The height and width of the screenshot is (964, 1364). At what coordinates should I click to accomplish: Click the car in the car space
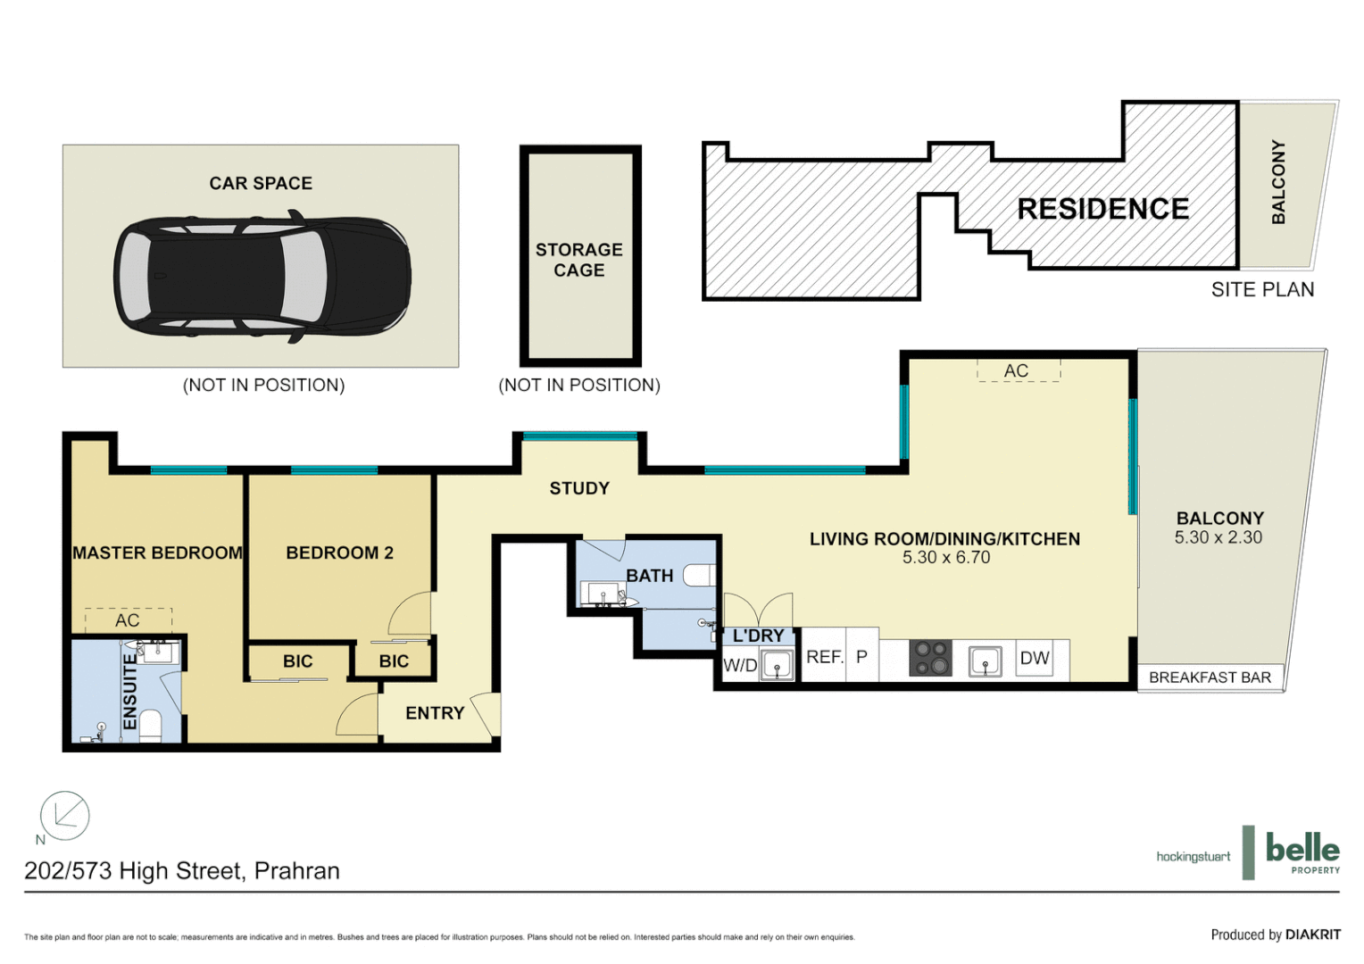tap(262, 276)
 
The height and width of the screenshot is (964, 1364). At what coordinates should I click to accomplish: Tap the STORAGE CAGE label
tap(579, 260)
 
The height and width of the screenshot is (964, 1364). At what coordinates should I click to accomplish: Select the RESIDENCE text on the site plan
tap(1102, 209)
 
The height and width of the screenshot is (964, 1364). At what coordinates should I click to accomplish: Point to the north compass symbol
tap(64, 816)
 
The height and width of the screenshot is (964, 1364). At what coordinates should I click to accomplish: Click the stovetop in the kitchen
tap(930, 659)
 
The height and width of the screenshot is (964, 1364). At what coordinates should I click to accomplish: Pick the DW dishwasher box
tap(1035, 659)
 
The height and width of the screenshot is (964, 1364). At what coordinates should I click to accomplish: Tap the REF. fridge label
tap(824, 657)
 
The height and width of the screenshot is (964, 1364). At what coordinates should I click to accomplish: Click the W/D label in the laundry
tap(740, 665)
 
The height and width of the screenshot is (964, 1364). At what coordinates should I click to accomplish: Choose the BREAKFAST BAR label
tap(1210, 677)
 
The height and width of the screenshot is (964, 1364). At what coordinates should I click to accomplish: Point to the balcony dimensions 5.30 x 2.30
tap(1218, 537)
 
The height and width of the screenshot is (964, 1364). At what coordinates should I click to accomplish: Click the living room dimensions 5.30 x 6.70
tap(946, 557)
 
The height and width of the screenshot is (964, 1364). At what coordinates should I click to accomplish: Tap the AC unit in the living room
tap(1018, 370)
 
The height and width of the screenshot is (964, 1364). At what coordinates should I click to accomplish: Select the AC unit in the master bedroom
tap(128, 619)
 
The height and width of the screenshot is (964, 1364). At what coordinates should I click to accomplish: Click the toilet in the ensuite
tap(149, 727)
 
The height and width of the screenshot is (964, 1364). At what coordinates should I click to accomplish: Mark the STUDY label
tap(579, 488)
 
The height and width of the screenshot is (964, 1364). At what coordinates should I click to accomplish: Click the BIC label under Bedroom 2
tap(394, 661)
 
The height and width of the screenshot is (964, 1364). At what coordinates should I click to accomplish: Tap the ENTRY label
tap(435, 713)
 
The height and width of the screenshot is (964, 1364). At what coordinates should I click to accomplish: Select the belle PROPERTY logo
tap(1302, 852)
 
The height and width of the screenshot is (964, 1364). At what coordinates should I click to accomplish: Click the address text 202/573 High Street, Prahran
tap(182, 871)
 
